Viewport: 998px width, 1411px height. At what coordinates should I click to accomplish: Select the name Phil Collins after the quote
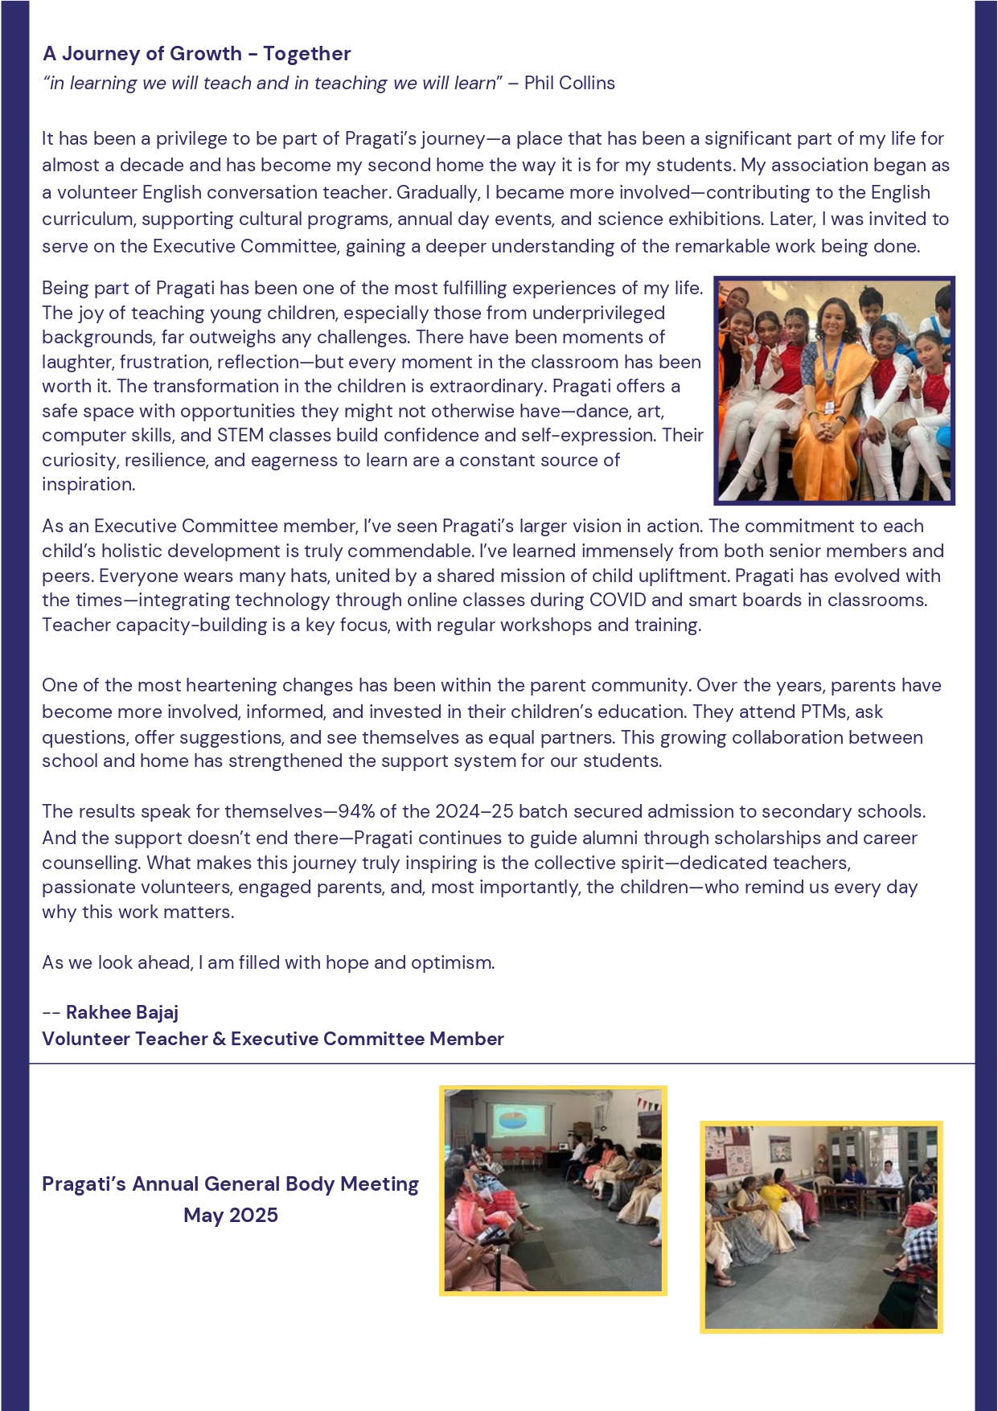coord(569,83)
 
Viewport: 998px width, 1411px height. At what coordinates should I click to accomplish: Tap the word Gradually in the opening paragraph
coord(437,192)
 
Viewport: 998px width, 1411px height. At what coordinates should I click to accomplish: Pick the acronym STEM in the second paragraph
coord(239,435)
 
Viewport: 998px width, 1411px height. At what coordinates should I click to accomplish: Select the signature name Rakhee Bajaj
coord(122,1012)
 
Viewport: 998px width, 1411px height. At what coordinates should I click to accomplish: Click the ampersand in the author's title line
coord(220,1039)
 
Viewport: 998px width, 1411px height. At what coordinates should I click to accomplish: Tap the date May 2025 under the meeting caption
coord(231,1215)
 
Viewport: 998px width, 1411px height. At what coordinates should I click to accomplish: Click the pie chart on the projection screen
coord(511,1120)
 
